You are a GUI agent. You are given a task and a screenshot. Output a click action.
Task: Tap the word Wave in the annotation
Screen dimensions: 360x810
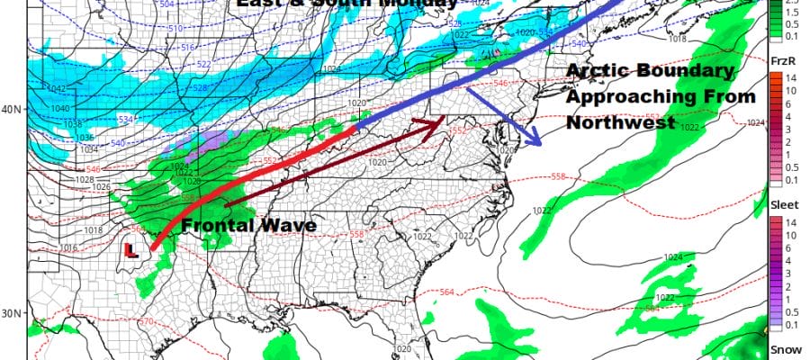pyautogui.click(x=288, y=226)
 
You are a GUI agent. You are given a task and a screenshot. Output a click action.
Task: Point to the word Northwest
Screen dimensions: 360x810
pyautogui.click(x=621, y=124)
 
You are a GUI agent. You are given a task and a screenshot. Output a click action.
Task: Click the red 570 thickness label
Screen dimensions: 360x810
pyautogui.click(x=144, y=322)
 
